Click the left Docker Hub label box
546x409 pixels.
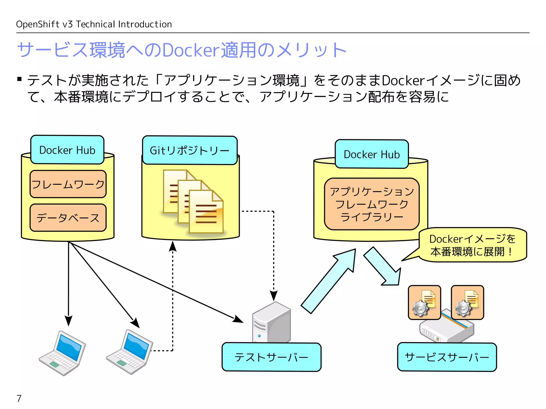click(67, 150)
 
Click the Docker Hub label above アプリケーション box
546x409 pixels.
click(372, 154)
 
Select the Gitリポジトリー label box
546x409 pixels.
click(190, 150)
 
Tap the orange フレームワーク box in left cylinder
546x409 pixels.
click(68, 184)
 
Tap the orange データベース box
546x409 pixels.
click(68, 218)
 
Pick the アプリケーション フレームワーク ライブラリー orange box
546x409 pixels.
click(372, 204)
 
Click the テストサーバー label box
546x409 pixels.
click(271, 357)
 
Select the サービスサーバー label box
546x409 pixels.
click(447, 357)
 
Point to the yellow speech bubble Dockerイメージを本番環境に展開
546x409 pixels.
click(473, 245)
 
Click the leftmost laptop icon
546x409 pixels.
click(63, 353)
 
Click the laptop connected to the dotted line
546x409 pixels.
click(130, 351)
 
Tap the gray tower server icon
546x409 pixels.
click(271, 323)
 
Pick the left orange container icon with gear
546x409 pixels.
click(424, 302)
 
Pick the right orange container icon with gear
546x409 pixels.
click(467, 302)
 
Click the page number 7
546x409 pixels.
click(19, 398)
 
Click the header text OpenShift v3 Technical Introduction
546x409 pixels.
click(94, 24)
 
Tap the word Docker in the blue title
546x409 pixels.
click(191, 50)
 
